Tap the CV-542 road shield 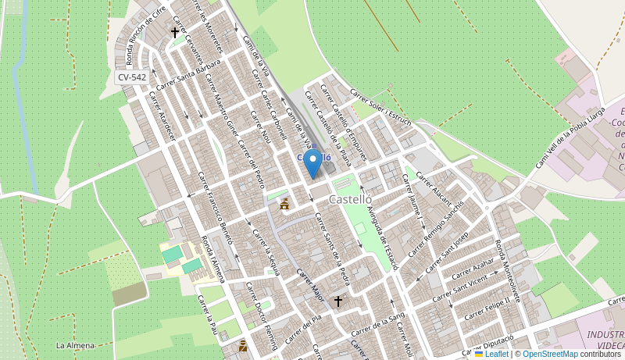[x=132, y=77]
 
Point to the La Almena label [x=75, y=345]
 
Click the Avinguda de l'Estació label [x=383, y=230]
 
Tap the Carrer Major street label [x=310, y=287]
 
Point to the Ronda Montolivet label [x=507, y=266]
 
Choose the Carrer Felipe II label [x=487, y=308]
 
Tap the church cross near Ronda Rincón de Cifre [x=175, y=32]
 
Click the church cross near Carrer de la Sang [x=338, y=301]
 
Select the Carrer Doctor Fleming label [x=262, y=315]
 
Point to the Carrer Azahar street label [x=473, y=268]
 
